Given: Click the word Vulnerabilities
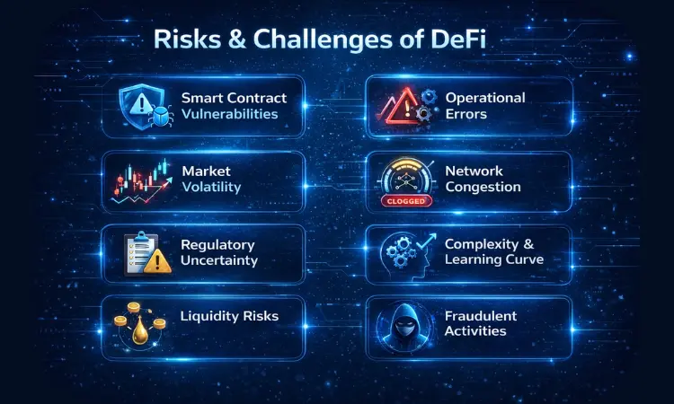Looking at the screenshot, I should click(228, 114).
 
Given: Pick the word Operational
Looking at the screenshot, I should click(484, 97).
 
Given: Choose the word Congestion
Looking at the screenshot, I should click(483, 187).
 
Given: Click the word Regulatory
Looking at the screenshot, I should click(218, 244).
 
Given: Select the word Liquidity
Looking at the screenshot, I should click(212, 316).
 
